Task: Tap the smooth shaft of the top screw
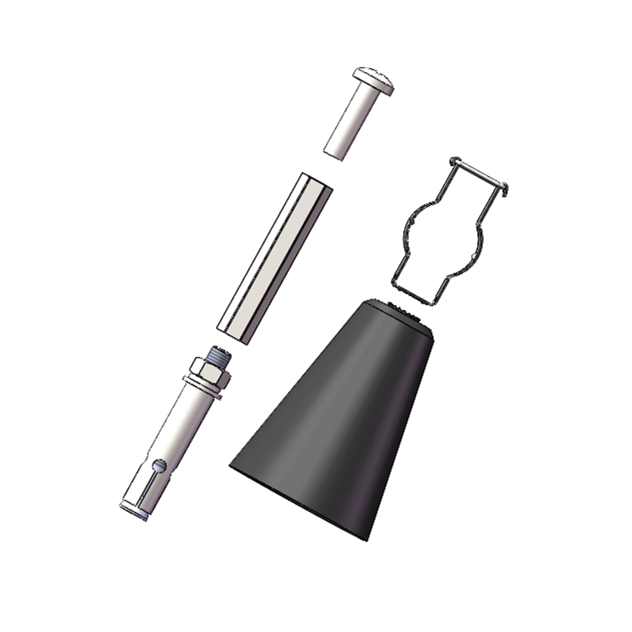[348, 122]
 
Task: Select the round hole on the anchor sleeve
[161, 466]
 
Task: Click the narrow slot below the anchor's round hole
[149, 487]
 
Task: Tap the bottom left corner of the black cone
[231, 466]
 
